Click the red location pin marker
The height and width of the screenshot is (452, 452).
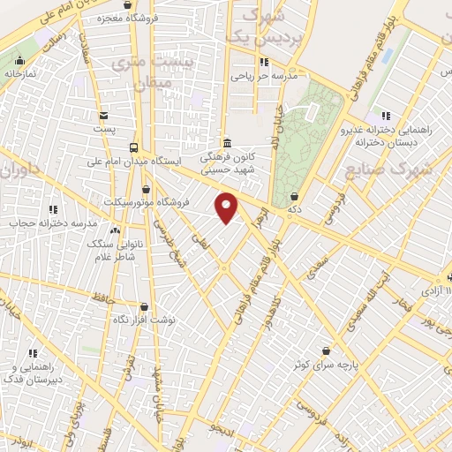coord(227,206)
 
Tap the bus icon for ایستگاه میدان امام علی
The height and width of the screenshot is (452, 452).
coord(133,147)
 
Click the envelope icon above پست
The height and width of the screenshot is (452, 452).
coord(104,115)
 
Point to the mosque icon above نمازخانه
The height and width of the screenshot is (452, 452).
coord(19,61)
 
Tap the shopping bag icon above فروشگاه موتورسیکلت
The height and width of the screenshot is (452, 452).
coord(146,188)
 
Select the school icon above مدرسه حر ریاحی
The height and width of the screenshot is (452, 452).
coord(263,62)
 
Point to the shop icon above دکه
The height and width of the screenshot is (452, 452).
coord(294,197)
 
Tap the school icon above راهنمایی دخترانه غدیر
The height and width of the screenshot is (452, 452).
coord(385,116)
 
